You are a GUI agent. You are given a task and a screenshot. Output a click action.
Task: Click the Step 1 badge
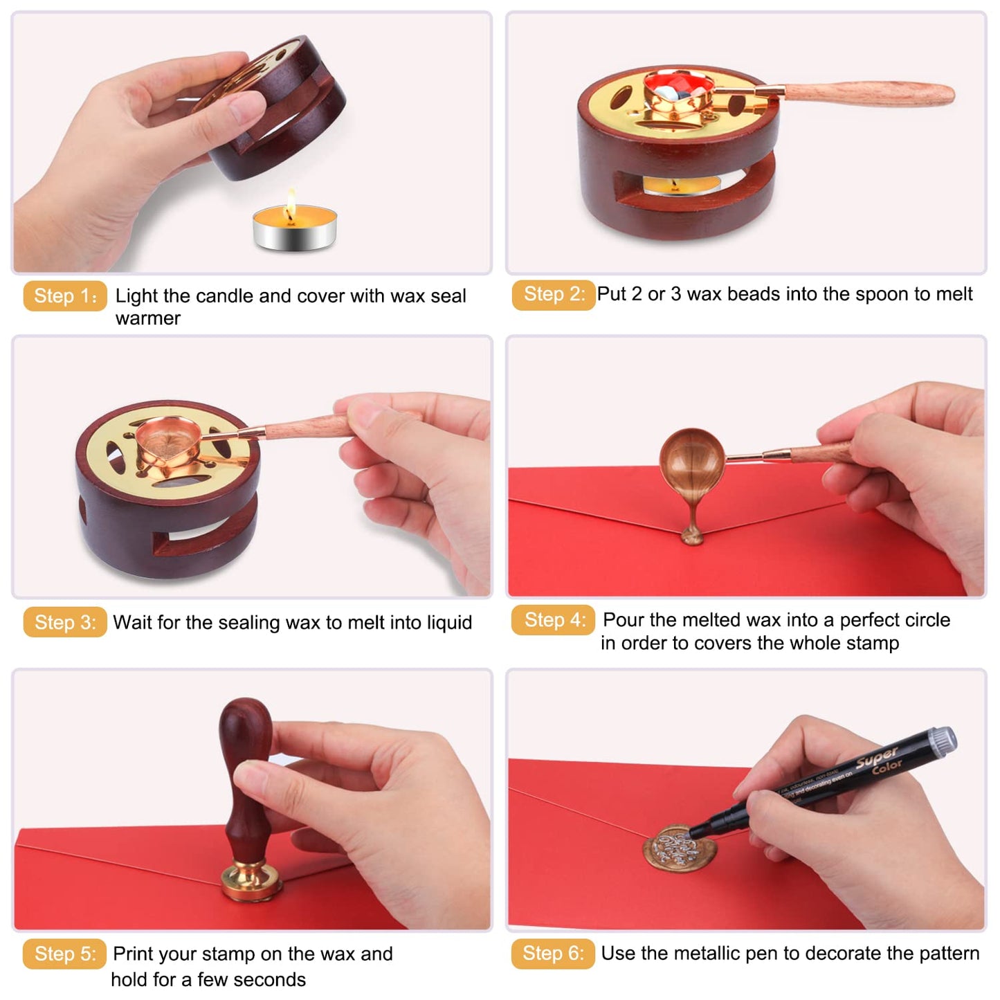(65, 296)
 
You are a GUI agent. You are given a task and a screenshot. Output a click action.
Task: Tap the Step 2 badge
(554, 295)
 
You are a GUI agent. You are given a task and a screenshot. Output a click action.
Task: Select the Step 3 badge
(65, 622)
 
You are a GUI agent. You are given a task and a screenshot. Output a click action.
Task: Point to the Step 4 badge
(553, 620)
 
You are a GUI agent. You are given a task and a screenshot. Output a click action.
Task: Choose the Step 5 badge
(65, 954)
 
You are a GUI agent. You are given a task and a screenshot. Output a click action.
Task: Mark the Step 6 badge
(553, 954)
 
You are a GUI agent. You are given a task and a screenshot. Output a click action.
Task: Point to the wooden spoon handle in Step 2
(872, 93)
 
